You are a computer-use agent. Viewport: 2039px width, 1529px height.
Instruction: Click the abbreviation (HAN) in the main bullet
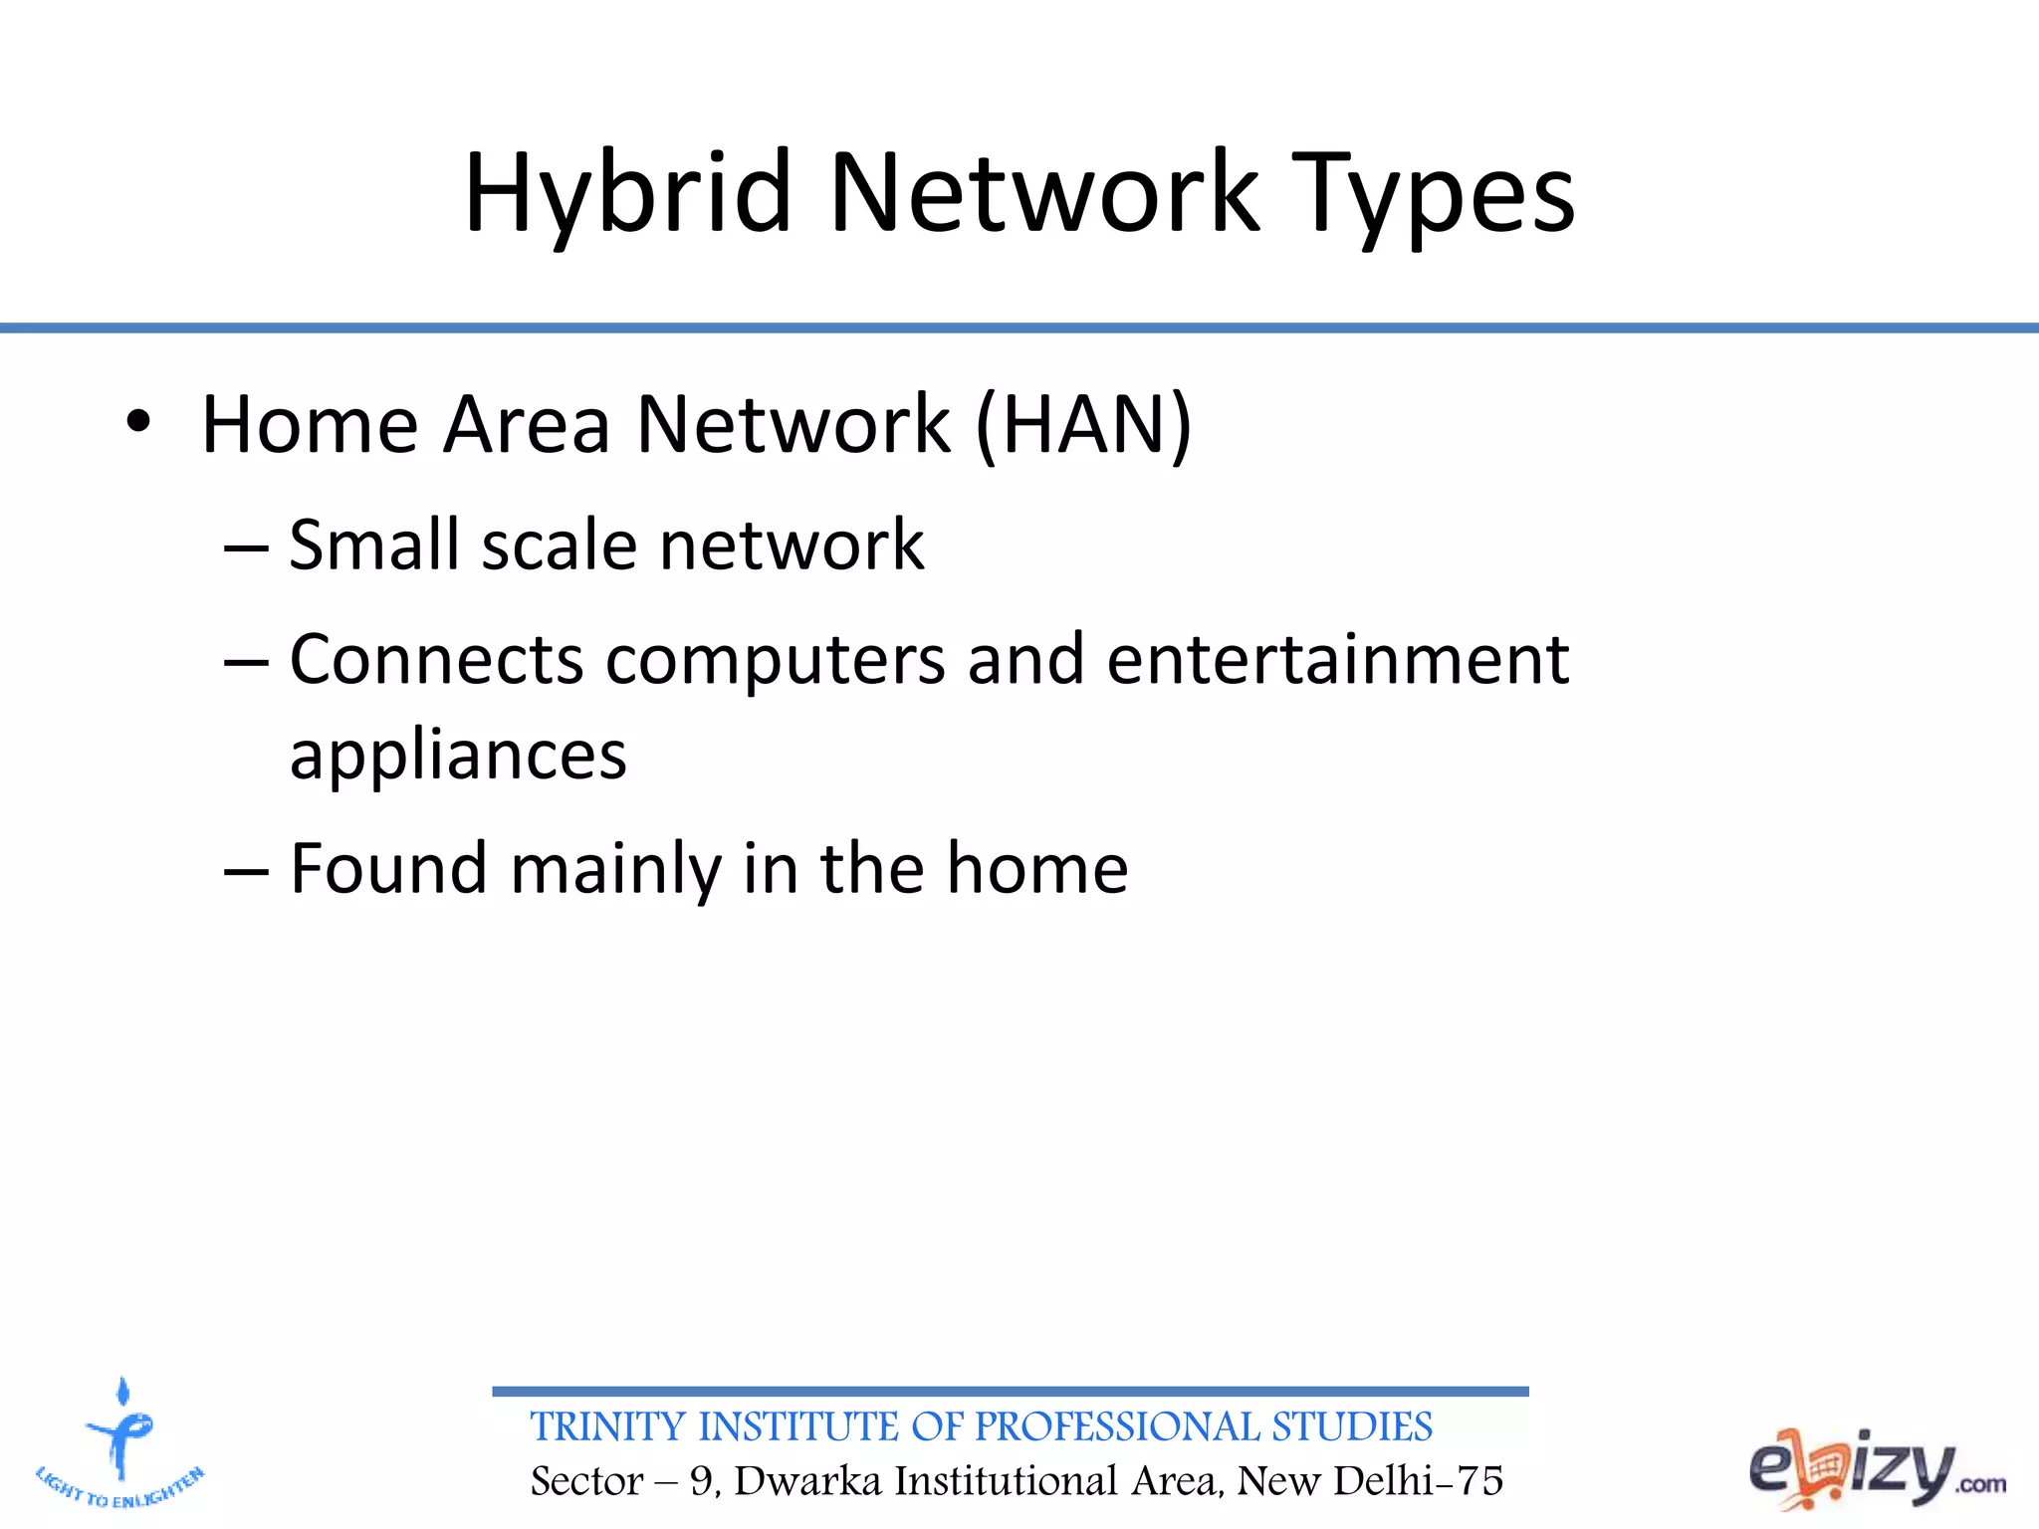click(1083, 425)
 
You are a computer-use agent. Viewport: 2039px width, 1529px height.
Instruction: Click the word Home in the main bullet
click(310, 425)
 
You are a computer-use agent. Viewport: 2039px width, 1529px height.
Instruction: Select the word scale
click(559, 546)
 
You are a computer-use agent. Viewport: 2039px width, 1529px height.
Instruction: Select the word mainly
click(615, 870)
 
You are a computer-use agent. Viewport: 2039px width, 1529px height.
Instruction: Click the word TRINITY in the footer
click(608, 1426)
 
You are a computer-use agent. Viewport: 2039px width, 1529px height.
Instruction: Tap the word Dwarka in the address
click(807, 1481)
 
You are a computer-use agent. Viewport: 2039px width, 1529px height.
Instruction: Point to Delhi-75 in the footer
click(1418, 1481)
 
